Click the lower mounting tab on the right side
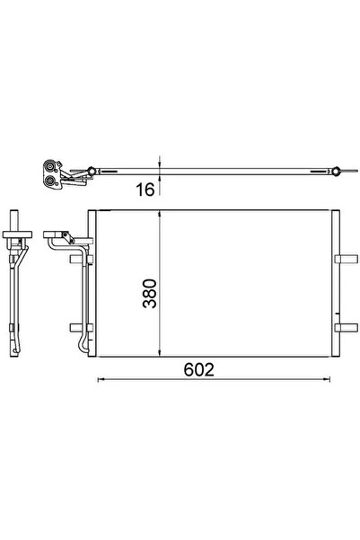tap(344, 327)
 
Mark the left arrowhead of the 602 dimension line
tap(99, 379)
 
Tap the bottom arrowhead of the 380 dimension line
tap(160, 353)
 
